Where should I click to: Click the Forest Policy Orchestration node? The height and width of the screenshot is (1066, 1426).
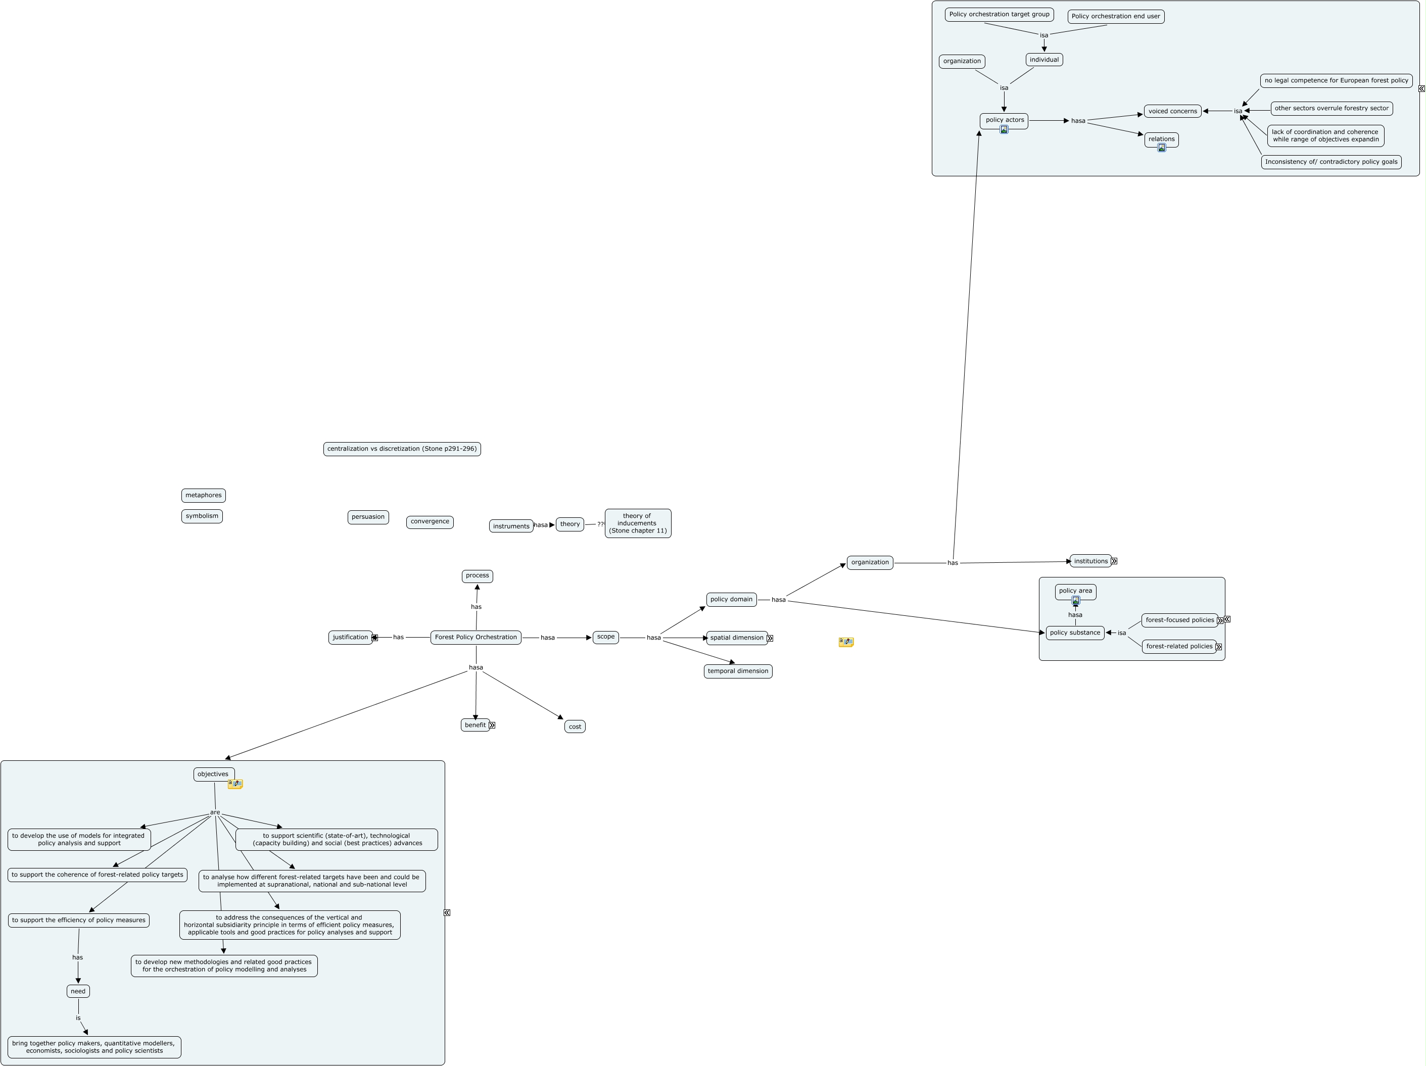click(x=476, y=638)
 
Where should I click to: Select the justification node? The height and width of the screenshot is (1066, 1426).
click(x=350, y=638)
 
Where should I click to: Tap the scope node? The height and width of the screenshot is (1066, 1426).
click(x=605, y=637)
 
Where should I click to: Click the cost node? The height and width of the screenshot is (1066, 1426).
click(x=575, y=726)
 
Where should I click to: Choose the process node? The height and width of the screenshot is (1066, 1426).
click(x=477, y=575)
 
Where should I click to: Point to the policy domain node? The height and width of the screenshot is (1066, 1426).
click(x=731, y=599)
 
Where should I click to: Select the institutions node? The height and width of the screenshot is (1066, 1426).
click(x=1090, y=561)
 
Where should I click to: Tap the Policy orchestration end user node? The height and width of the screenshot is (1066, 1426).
click(x=1115, y=17)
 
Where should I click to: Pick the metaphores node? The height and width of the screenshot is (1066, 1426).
click(x=203, y=496)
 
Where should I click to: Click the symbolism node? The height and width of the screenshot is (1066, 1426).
click(x=202, y=516)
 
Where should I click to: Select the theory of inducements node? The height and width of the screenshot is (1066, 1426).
click(x=638, y=523)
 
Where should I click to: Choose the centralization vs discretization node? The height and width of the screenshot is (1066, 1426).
click(x=402, y=449)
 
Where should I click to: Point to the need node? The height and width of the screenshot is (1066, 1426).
click(x=78, y=991)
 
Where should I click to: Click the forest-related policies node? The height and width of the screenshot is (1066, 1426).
click(x=1178, y=647)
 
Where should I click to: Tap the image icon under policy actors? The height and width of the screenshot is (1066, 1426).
click(x=1004, y=129)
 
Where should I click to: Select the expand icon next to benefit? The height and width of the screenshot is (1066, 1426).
click(x=492, y=725)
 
